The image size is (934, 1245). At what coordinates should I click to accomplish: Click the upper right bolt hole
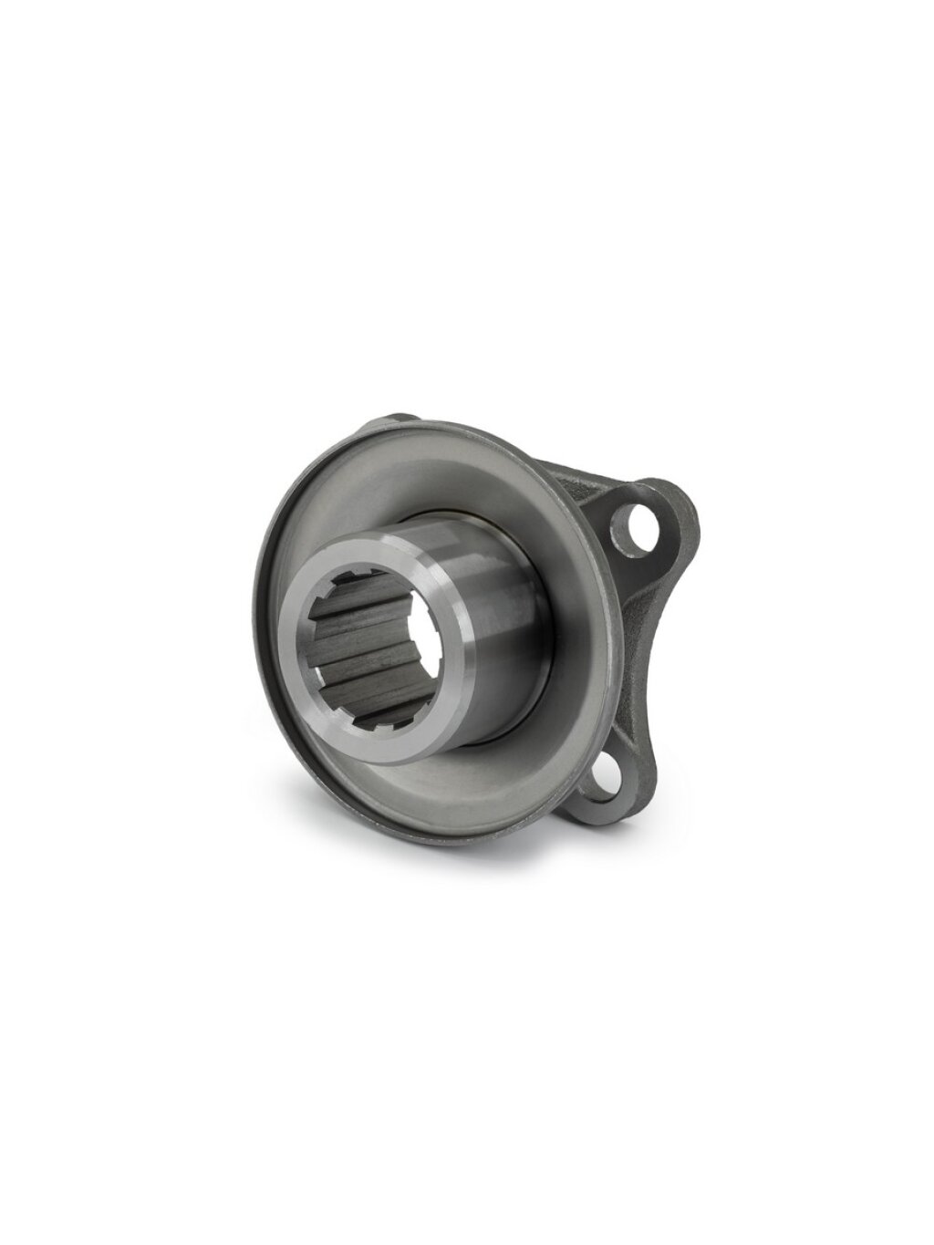(x=632, y=522)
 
